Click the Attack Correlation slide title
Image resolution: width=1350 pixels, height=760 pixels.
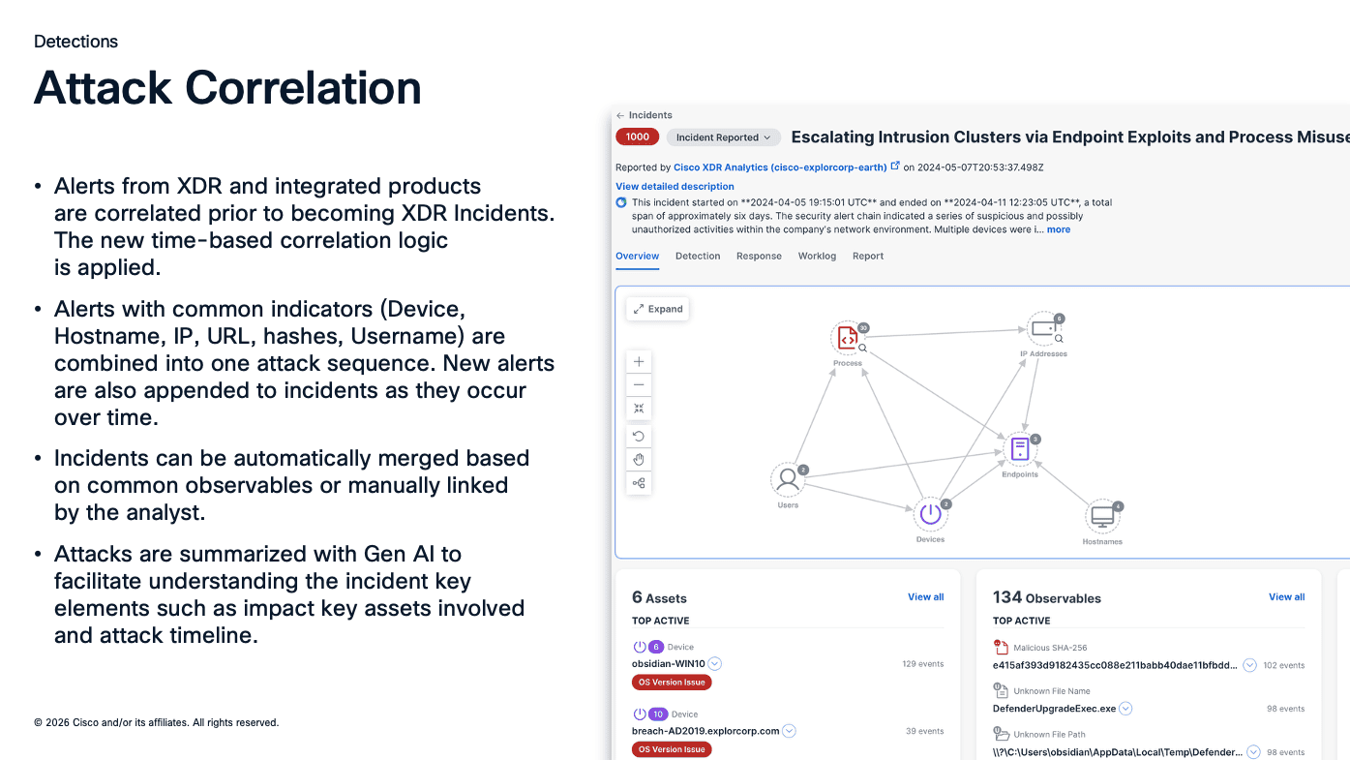[x=227, y=88]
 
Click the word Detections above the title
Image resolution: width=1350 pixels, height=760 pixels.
[x=75, y=42]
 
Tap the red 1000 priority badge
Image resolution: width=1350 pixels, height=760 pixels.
[x=637, y=137]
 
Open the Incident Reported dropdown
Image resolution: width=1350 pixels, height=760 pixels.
[x=723, y=137]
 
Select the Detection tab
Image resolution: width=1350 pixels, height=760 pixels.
[x=698, y=257]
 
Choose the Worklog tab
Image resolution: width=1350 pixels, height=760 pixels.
[x=817, y=257]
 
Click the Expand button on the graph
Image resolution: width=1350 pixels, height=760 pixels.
[x=657, y=309]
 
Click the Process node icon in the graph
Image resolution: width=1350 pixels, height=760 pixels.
[x=846, y=338]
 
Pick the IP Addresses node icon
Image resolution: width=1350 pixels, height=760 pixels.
[x=1043, y=329]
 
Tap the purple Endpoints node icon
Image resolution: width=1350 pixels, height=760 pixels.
[x=1019, y=449]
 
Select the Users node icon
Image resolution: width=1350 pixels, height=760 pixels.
[x=788, y=479]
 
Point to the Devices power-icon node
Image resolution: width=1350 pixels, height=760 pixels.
[x=930, y=514]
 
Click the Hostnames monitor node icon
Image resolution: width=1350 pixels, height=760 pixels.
[x=1102, y=517]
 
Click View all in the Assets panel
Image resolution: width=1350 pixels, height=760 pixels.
[x=925, y=597]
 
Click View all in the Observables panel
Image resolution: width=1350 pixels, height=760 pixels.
[x=1286, y=597]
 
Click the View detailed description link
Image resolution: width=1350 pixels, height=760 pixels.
[x=675, y=187]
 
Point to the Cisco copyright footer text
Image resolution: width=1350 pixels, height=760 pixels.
[x=156, y=722]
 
